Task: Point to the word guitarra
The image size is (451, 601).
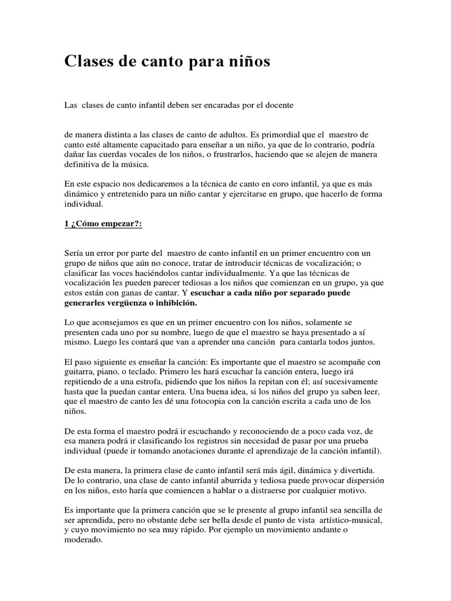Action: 79,371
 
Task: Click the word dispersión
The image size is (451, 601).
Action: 368,481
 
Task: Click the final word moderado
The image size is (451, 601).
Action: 83,540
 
